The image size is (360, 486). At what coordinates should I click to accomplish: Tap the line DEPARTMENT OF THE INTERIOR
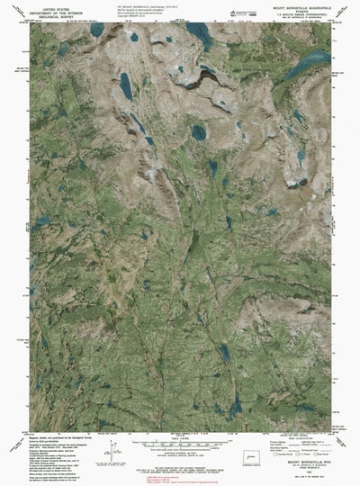pos(55,12)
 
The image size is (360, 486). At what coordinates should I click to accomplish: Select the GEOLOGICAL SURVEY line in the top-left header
pos(55,16)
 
